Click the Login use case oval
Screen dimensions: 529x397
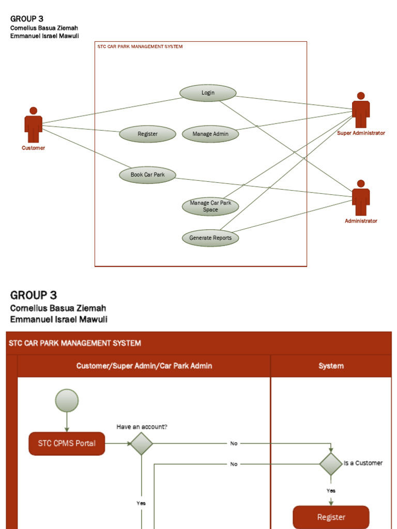coord(208,93)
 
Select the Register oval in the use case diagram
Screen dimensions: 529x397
coord(147,134)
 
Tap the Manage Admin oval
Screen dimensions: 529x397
coord(210,134)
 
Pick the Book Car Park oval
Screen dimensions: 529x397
coord(147,175)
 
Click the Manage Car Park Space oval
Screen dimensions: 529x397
coord(210,206)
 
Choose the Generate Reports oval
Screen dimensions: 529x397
coord(210,238)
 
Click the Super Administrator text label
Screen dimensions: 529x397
coord(361,133)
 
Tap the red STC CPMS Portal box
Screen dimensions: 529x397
coord(67,443)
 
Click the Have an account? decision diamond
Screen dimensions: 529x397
coord(141,443)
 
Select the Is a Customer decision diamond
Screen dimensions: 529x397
coord(331,463)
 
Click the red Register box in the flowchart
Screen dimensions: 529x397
coord(331,517)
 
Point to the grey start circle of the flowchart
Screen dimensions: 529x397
coord(67,400)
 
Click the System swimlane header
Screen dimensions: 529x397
coord(331,366)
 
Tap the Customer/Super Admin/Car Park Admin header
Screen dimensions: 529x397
coord(144,366)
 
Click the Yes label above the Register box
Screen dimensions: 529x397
coord(331,491)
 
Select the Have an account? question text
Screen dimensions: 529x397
coord(142,427)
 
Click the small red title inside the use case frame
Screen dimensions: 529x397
coord(140,46)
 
